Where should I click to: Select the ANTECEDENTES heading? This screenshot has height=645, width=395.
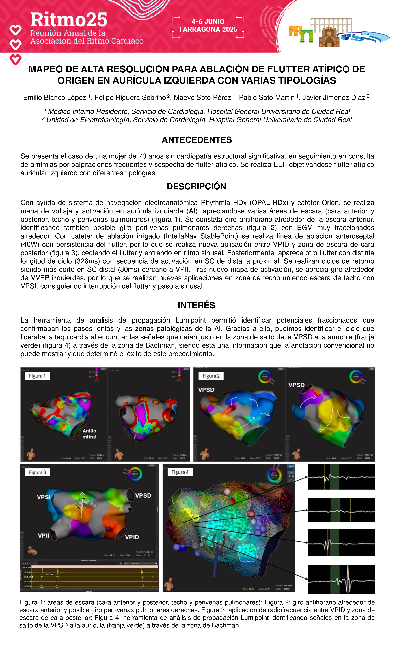tap(197, 140)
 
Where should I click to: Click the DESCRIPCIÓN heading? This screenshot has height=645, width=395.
tap(197, 186)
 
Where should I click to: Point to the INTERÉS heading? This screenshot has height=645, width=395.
tap(197, 305)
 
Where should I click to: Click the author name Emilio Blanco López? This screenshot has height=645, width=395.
tap(55, 98)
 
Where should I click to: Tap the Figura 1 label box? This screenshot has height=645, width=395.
tap(37, 376)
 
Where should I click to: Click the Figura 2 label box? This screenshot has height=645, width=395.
tap(211, 376)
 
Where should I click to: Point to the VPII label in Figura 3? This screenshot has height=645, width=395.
tap(44, 536)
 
